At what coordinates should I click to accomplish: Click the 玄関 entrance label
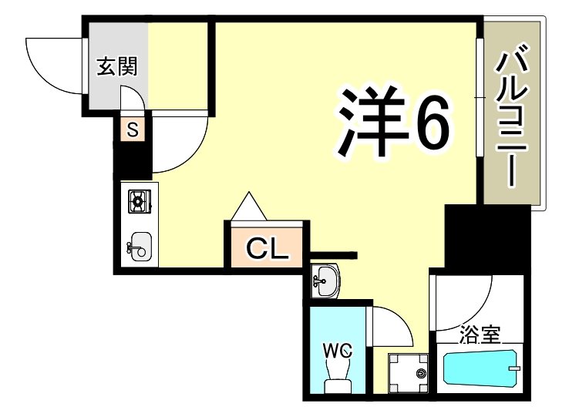(117, 67)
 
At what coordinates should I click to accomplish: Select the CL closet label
(267, 248)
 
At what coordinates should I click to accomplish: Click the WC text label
(338, 351)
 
